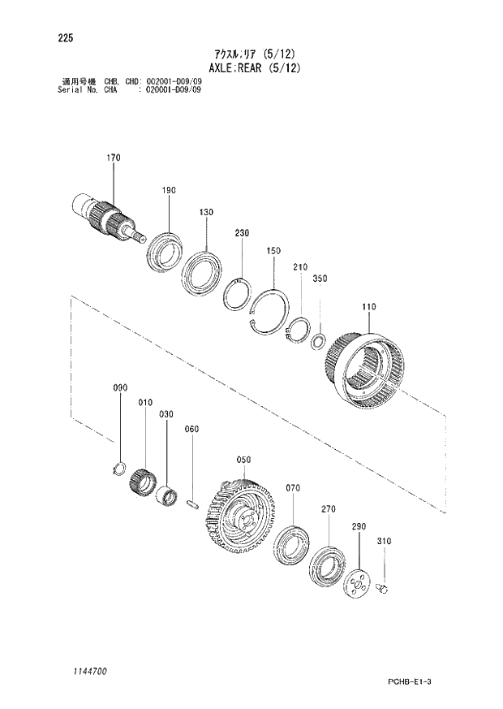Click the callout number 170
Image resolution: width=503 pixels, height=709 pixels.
[112, 158]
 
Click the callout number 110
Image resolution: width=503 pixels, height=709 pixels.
[369, 307]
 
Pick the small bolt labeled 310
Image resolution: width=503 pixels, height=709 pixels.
[386, 586]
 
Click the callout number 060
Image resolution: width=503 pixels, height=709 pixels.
[191, 429]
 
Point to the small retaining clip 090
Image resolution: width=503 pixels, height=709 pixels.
[118, 468]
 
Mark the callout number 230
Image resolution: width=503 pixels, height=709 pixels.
[242, 233]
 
